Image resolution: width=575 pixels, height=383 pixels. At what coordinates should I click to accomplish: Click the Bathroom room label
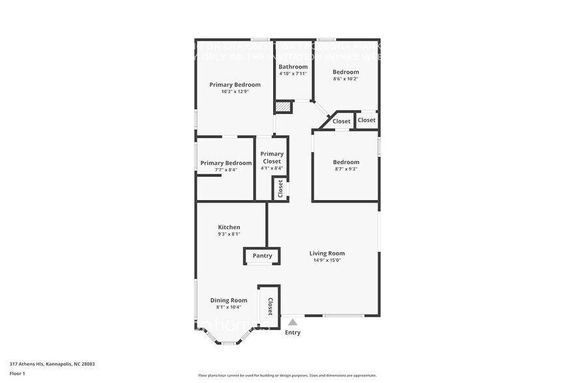coord(293,66)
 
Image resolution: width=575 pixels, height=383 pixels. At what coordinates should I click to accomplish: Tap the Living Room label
coord(327,253)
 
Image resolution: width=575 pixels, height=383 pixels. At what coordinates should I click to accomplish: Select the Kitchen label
coord(229,227)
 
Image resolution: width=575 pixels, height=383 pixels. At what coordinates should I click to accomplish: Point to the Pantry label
coord(262,256)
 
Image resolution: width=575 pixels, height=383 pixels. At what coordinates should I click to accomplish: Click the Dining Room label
coord(228,300)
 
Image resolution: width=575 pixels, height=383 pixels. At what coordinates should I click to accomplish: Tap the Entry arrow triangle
coord(293,322)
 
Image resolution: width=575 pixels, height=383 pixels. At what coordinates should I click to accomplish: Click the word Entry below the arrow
coord(293,333)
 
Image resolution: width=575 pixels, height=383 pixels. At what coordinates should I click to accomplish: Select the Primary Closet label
coord(272,158)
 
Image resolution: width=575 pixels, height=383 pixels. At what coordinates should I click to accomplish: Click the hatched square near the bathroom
coord(283,107)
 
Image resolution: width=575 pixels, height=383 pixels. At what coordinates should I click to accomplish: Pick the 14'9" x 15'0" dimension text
coord(327,261)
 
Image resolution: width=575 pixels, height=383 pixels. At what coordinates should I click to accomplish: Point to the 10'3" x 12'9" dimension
coord(235,92)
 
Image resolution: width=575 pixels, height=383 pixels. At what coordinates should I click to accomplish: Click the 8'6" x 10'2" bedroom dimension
coord(346,79)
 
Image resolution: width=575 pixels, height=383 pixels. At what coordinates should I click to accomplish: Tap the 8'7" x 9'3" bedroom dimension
coord(346,169)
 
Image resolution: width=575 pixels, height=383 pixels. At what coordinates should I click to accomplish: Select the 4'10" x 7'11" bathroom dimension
coord(293,74)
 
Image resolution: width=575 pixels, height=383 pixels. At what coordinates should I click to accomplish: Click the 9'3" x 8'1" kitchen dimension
coord(229,234)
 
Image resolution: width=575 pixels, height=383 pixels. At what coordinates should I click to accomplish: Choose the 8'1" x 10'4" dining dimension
coord(228,307)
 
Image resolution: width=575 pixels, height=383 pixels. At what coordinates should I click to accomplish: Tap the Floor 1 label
coord(17,373)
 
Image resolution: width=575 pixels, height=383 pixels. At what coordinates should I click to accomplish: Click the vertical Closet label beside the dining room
coord(270,305)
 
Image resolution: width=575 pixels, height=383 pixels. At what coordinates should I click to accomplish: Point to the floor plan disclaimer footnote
coord(287,375)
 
